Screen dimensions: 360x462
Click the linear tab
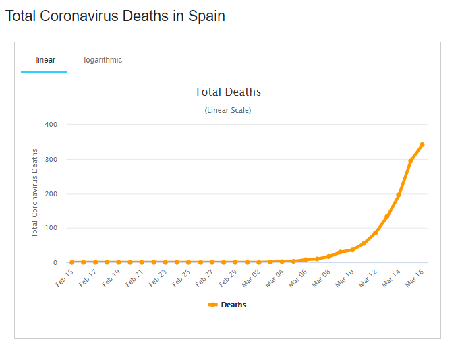(x=45, y=60)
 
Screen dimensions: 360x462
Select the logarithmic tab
(x=103, y=60)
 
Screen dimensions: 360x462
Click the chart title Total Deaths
(x=228, y=92)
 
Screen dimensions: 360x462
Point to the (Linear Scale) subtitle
(x=228, y=110)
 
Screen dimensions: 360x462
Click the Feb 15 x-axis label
(x=65, y=277)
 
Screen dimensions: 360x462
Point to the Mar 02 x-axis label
(x=252, y=277)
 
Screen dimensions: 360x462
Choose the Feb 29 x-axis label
(x=229, y=277)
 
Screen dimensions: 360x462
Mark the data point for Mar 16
(x=422, y=144)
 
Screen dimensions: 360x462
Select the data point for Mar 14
(x=399, y=194)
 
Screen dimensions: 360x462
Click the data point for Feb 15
(x=71, y=262)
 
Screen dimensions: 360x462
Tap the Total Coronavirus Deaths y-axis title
(x=35, y=193)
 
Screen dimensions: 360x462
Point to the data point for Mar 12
(x=375, y=233)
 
